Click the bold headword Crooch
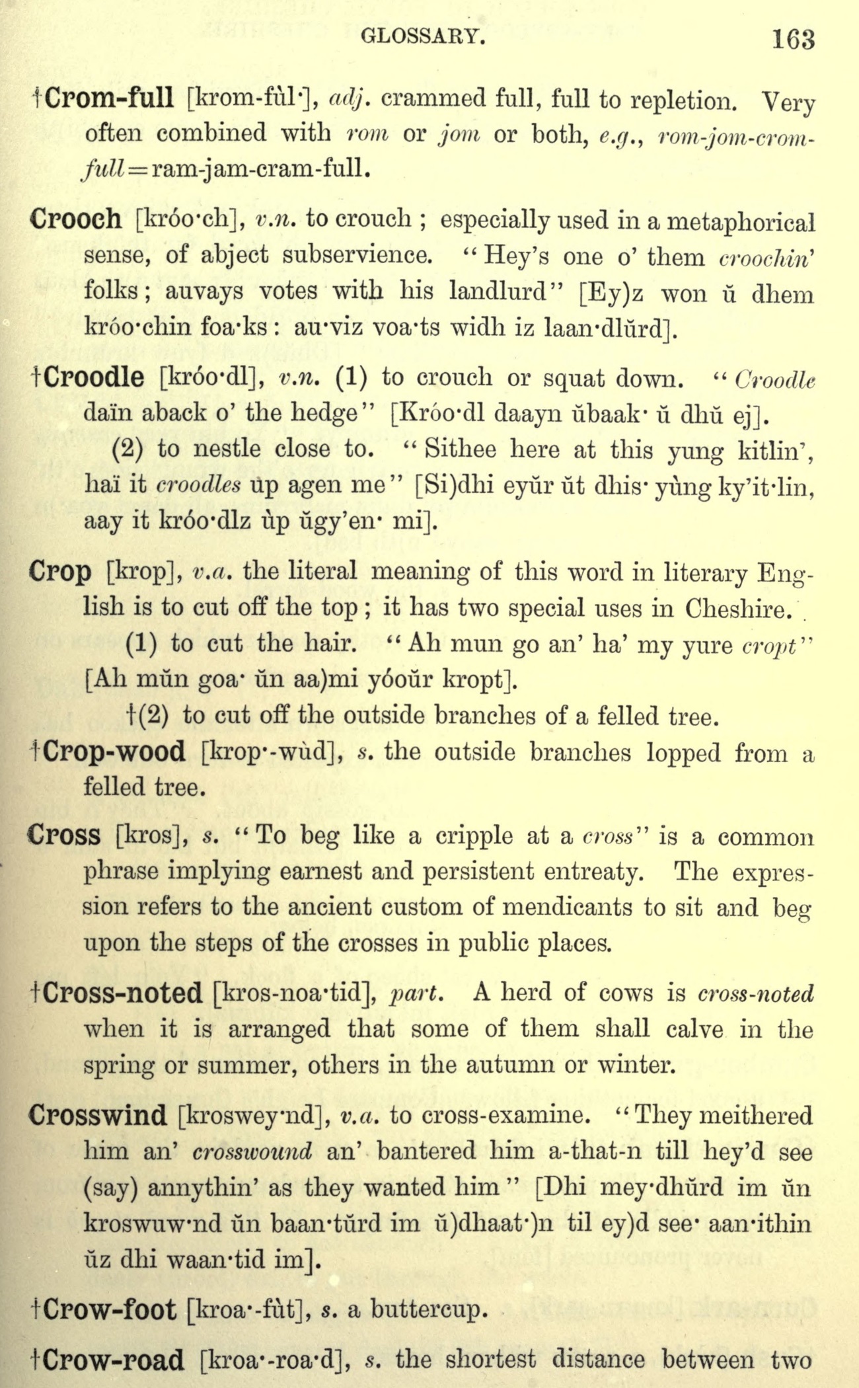(x=76, y=219)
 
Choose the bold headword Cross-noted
(x=124, y=993)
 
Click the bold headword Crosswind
(x=98, y=1116)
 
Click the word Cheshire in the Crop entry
(x=738, y=607)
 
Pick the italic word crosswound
(x=252, y=1152)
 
